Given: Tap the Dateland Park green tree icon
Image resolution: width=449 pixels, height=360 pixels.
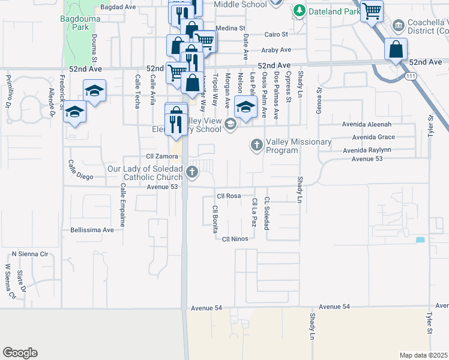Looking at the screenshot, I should pyautogui.click(x=299, y=11).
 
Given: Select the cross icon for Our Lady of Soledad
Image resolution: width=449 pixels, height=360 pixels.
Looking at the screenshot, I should pyautogui.click(x=192, y=172).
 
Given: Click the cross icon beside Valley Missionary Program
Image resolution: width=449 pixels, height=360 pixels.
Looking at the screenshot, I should pyautogui.click(x=256, y=145).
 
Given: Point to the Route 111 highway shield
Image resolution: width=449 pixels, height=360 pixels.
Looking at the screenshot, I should pyautogui.click(x=411, y=76).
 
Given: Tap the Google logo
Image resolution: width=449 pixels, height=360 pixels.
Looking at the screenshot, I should pyautogui.click(x=20, y=353).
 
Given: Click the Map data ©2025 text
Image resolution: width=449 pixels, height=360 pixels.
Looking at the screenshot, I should pyautogui.click(x=423, y=355).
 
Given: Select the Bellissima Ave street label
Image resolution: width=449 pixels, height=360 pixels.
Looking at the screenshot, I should pyautogui.click(x=92, y=230).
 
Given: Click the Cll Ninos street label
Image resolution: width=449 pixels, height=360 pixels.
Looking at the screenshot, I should pyautogui.click(x=235, y=239).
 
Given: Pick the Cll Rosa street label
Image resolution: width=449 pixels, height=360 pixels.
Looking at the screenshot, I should pyautogui.click(x=229, y=196).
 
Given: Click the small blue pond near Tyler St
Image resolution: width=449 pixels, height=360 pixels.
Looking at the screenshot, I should pyautogui.click(x=420, y=240).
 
